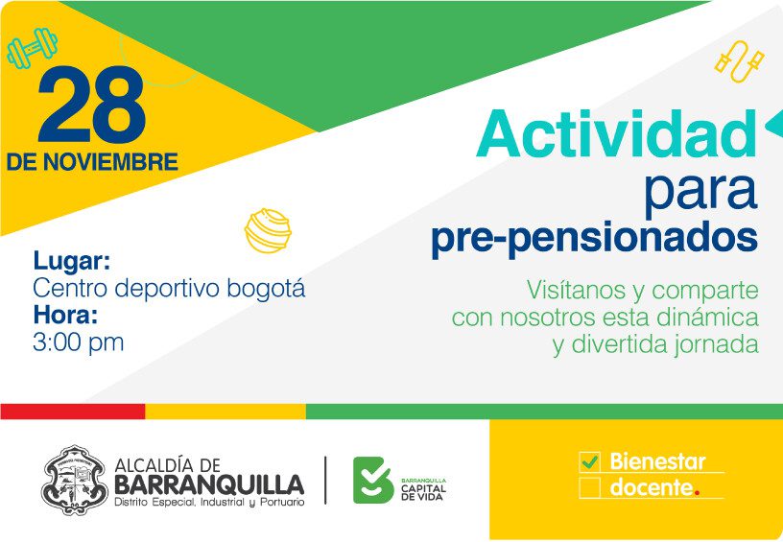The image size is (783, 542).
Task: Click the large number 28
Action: point(92,104)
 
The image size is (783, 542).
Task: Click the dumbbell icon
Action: point(32,47)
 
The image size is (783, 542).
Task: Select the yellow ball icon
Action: point(268,230)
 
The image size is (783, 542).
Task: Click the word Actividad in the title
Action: point(617,133)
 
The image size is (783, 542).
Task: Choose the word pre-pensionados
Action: point(594,239)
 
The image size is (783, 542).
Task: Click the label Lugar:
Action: point(72,262)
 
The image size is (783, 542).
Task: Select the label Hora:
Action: point(65,316)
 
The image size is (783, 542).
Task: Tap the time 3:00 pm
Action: point(78,342)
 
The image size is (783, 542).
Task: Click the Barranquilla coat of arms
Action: point(75,480)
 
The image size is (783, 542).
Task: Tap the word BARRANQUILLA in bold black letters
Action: point(209,484)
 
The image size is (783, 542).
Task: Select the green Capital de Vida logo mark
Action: point(372,480)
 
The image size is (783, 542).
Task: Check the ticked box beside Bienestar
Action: point(590,462)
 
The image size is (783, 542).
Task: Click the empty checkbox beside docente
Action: point(590,487)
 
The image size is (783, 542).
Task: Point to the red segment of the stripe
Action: point(73,412)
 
